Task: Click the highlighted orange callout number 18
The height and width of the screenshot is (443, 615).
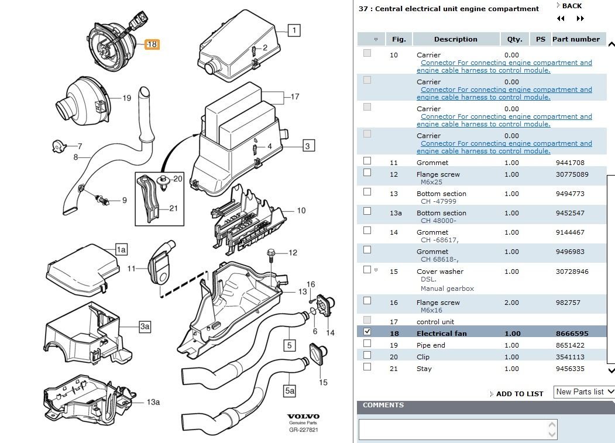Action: coord(152,44)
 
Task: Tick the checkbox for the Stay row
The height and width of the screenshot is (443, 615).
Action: coord(367,367)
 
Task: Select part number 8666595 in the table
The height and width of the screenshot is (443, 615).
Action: coord(572,334)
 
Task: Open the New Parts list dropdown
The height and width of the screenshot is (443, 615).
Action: coord(584,392)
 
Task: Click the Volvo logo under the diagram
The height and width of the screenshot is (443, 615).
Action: coord(303,417)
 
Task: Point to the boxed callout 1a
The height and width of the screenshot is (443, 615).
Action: coord(121,249)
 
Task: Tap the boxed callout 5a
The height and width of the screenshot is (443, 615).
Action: coord(290,391)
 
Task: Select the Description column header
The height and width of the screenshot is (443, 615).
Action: coord(456,39)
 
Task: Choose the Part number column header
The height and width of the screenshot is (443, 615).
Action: coord(576,39)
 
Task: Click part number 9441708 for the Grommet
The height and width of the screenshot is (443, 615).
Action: coord(570,163)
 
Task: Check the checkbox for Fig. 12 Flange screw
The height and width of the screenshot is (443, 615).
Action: coord(367,173)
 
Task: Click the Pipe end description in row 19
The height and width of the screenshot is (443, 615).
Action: coord(431,345)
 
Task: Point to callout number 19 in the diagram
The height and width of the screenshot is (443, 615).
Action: coord(126,98)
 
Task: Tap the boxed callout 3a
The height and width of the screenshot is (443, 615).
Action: coord(145,327)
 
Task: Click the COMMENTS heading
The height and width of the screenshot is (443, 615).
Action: coord(383,405)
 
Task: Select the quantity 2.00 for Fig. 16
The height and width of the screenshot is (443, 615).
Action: coord(511,303)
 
